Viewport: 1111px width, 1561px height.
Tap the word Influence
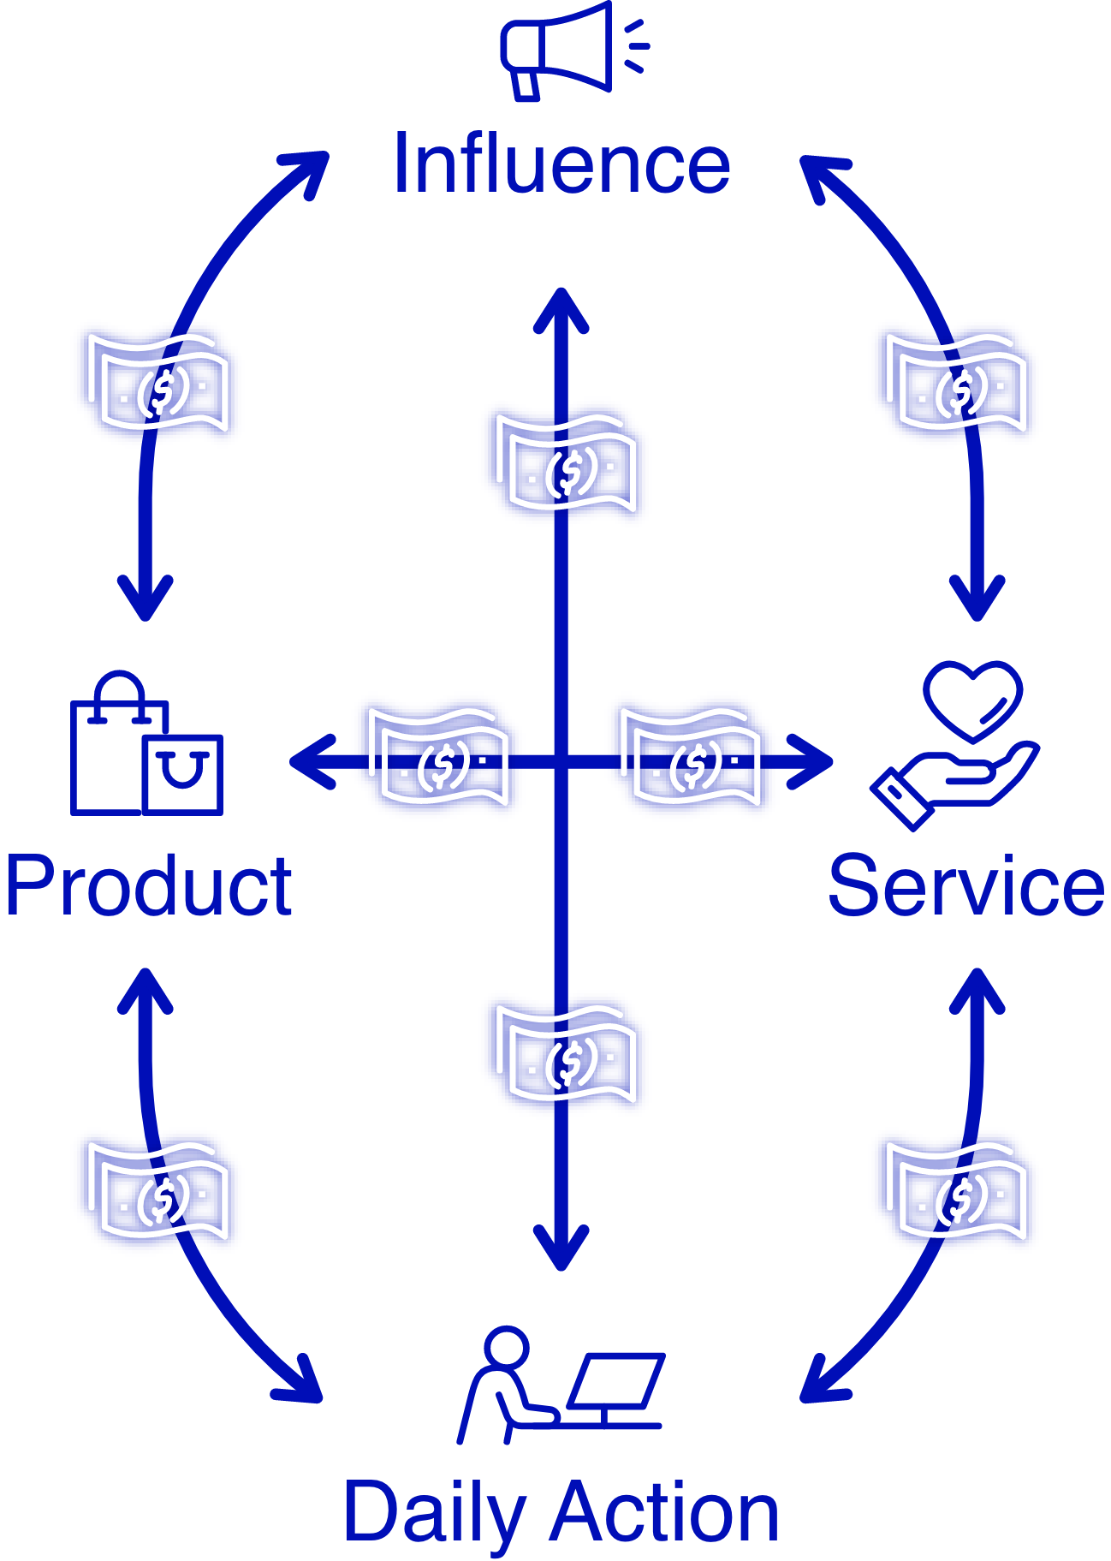561,164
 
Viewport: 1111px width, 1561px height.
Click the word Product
149,885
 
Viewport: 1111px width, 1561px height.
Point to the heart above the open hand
973,698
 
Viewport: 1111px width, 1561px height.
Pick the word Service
966,885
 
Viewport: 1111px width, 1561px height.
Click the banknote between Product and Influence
157,383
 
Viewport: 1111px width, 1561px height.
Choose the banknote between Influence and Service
955,383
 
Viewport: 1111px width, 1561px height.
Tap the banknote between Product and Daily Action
157,1192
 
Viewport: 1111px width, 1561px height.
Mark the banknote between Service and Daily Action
955,1192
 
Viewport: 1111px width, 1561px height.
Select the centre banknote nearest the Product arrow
438,758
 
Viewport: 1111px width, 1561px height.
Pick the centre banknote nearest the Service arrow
691,758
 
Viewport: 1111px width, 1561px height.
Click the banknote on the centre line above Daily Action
565,1055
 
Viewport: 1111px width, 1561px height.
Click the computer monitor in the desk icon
616,1380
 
